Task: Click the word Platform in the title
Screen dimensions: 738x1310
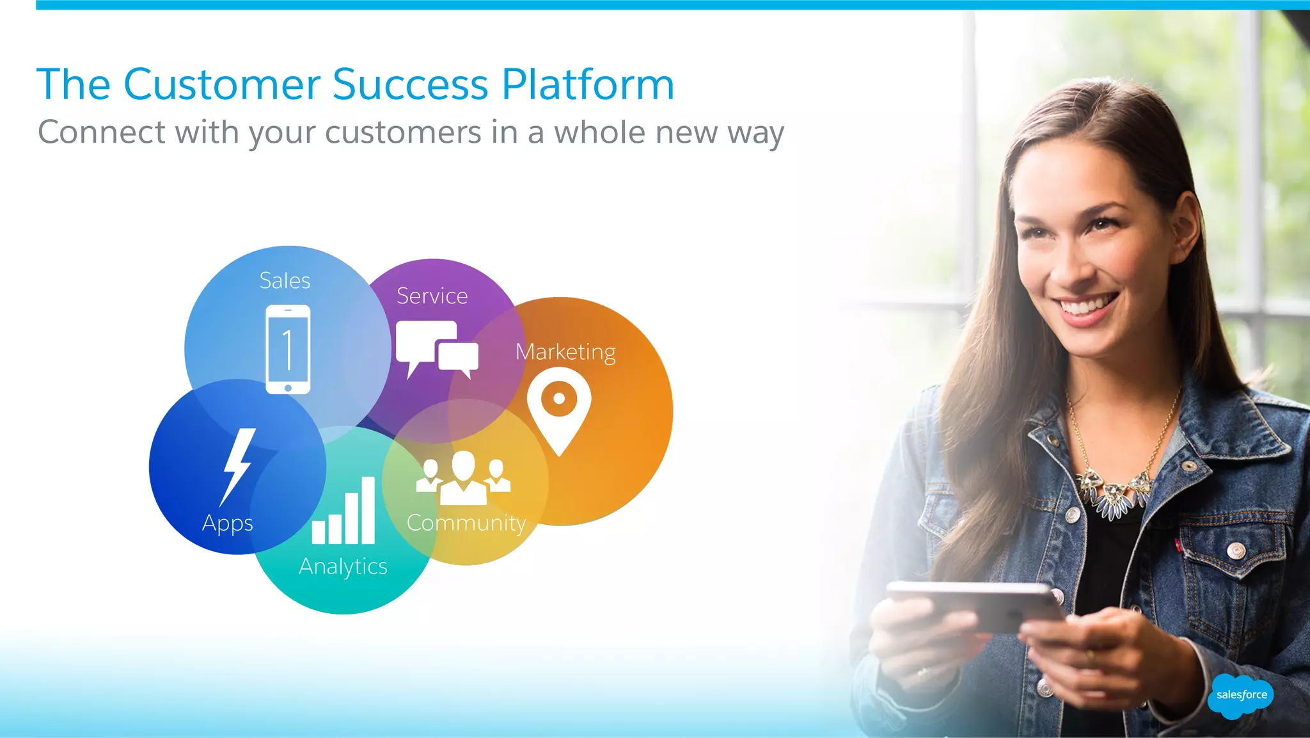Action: [588, 84]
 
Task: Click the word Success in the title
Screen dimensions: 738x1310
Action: [410, 84]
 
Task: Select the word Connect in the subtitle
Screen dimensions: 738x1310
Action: [102, 132]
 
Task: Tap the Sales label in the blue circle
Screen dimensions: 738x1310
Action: [285, 280]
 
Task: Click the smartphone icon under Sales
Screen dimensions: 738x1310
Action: [288, 349]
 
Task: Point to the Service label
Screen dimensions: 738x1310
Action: [432, 296]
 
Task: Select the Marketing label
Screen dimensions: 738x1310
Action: [565, 352]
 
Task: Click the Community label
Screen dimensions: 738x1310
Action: [466, 523]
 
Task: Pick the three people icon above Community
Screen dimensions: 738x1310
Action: [463, 477]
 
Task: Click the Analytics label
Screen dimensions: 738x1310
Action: [343, 566]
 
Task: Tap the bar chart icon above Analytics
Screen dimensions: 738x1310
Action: [343, 511]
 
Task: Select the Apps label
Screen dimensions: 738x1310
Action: [228, 524]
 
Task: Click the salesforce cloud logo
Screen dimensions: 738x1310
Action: [1241, 695]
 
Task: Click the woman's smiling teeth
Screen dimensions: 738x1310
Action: [1087, 306]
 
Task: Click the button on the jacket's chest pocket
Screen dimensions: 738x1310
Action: [1236, 550]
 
